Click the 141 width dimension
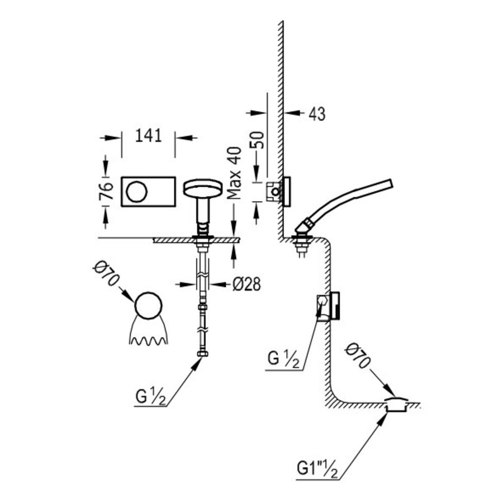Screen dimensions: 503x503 [x=148, y=135]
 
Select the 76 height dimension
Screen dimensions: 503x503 [x=110, y=191]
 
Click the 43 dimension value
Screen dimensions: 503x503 [x=316, y=113]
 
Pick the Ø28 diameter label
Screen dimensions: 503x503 [x=246, y=284]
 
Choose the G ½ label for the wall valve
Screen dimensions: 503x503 [x=284, y=358]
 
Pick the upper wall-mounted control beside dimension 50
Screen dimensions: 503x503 [x=279, y=192]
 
